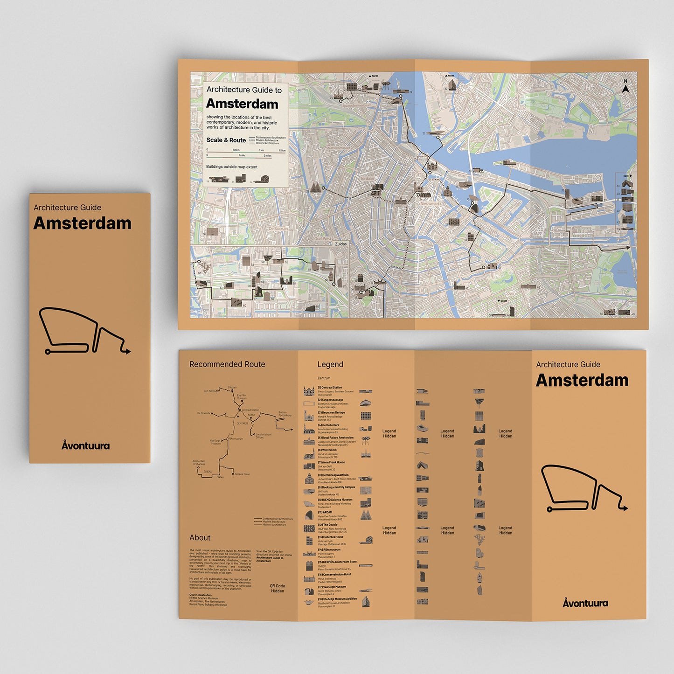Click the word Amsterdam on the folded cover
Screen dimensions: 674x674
tap(82, 223)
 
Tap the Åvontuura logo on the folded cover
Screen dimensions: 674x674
tap(86, 445)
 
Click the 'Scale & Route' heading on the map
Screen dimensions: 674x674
tap(226, 140)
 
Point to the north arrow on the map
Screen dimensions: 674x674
tap(625, 87)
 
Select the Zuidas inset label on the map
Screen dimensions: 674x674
tap(340, 244)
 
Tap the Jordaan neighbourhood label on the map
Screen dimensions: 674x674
tap(368, 179)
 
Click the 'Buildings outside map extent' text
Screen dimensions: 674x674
tap(231, 167)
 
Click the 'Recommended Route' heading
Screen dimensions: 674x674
tap(227, 364)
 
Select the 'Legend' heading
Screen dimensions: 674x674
tap(330, 364)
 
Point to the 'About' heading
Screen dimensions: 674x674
tap(200, 538)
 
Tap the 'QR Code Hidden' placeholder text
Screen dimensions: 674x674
tap(278, 588)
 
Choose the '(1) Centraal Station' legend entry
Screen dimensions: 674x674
tap(330, 388)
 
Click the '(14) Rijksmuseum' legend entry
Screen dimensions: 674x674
tap(329, 549)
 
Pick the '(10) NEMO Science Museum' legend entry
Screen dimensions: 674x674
tap(335, 500)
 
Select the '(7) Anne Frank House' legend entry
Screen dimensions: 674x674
tap(331, 462)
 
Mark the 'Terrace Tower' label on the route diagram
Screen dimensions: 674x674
tap(242, 474)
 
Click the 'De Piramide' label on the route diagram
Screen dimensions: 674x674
tap(204, 413)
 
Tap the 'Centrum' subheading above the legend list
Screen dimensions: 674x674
tap(324, 378)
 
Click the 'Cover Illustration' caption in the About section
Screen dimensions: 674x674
tap(200, 595)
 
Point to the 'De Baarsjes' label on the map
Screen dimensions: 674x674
tap(278, 229)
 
